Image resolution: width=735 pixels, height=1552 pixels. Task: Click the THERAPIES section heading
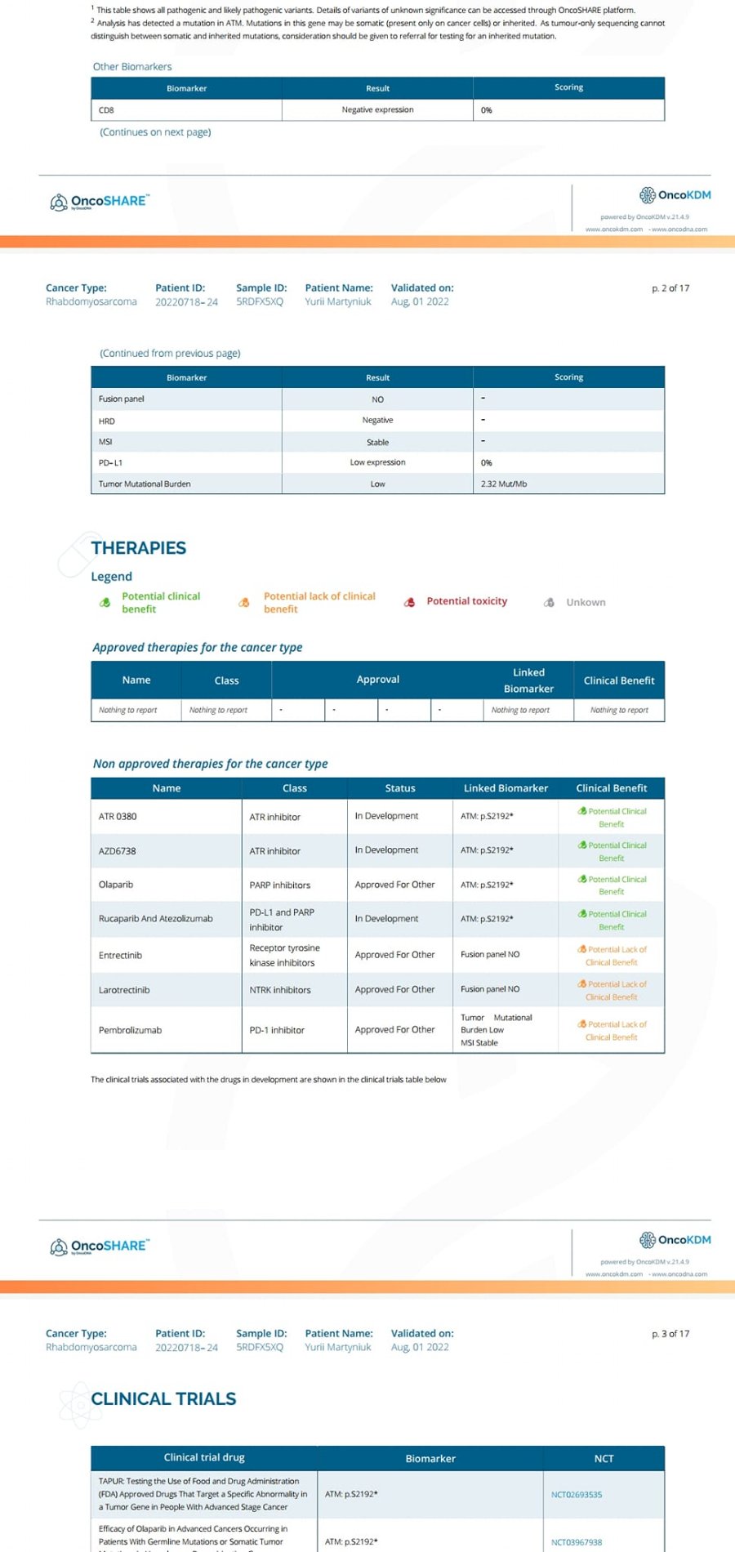tap(139, 548)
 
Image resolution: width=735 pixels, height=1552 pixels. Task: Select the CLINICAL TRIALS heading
tap(163, 1398)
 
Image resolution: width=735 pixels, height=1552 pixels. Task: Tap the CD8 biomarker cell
tap(106, 110)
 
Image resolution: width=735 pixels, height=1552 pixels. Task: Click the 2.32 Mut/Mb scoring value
tap(504, 484)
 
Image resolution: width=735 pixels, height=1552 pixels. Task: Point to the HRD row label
tap(107, 421)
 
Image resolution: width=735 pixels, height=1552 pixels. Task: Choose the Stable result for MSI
tap(377, 442)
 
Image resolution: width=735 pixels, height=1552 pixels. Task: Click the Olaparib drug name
tap(116, 885)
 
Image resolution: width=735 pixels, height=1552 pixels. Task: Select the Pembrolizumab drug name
tap(130, 1030)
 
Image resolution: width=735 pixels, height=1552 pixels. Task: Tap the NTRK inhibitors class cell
tap(280, 990)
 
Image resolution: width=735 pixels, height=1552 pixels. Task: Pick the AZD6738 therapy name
tap(118, 851)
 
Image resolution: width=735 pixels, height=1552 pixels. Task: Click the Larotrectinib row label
tap(124, 990)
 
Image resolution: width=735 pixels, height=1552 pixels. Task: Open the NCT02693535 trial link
tap(577, 1495)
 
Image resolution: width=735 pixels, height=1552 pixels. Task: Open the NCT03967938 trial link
tap(577, 1542)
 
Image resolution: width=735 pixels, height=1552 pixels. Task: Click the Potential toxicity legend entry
tap(466, 601)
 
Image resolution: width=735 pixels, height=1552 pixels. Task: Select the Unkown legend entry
tap(586, 602)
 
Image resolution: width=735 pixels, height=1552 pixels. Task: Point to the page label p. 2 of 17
tap(670, 288)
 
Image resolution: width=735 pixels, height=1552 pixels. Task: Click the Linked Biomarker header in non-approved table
tap(506, 788)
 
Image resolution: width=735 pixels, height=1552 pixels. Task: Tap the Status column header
tap(400, 788)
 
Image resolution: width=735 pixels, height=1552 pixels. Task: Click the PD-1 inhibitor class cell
tap(277, 1030)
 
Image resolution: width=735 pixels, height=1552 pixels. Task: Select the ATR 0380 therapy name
tap(118, 816)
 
